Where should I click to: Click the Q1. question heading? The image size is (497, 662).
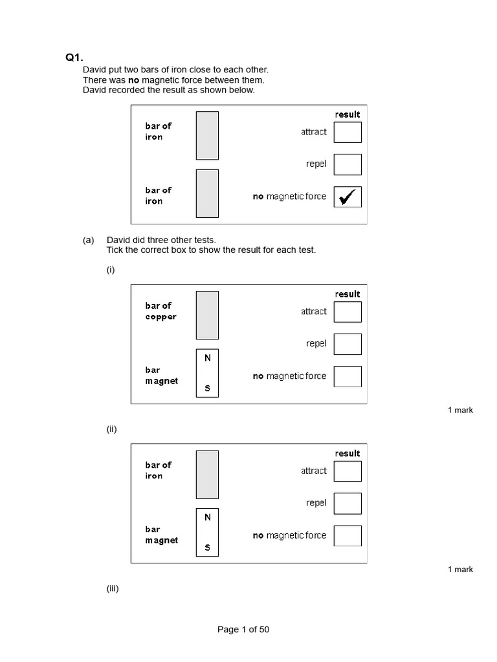[x=74, y=58]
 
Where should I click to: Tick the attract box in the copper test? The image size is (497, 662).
[x=348, y=312]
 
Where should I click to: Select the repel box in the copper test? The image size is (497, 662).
[x=348, y=344]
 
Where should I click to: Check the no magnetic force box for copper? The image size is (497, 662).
[x=348, y=376]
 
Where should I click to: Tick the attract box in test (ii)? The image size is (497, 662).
[x=348, y=471]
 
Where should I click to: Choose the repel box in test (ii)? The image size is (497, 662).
[x=348, y=503]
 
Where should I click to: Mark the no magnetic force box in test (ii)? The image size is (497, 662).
[x=348, y=535]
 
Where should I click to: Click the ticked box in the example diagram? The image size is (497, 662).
[x=348, y=197]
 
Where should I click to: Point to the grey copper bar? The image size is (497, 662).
[x=207, y=315]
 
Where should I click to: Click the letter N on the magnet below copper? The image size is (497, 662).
[x=208, y=358]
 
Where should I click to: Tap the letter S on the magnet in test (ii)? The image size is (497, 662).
[x=208, y=548]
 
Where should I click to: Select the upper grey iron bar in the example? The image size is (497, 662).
[x=207, y=135]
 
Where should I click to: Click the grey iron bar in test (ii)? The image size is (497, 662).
[x=207, y=475]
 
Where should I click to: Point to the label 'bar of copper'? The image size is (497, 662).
[x=160, y=311]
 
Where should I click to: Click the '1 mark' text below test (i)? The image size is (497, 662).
[x=460, y=410]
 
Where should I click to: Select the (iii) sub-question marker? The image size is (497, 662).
[x=113, y=588]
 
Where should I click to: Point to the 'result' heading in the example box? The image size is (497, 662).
[x=348, y=114]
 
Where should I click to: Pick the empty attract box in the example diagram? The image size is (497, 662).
[x=348, y=132]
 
